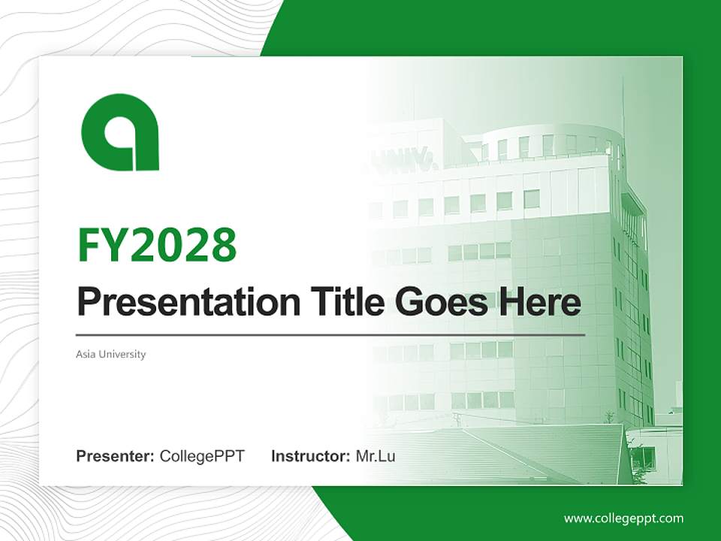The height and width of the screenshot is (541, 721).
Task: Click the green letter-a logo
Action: click(120, 132)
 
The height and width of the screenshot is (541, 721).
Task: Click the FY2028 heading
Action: click(157, 245)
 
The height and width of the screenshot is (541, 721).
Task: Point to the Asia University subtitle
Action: click(111, 354)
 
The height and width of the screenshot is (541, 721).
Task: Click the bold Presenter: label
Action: click(116, 456)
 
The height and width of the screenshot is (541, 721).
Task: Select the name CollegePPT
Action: click(202, 456)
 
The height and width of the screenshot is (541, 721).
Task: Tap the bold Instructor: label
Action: click(311, 456)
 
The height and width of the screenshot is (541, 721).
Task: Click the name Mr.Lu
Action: click(376, 456)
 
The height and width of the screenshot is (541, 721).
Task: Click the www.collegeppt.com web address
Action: click(623, 518)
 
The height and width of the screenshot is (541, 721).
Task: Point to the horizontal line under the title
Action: click(330, 335)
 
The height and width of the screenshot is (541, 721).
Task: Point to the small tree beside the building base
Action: click(609, 416)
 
